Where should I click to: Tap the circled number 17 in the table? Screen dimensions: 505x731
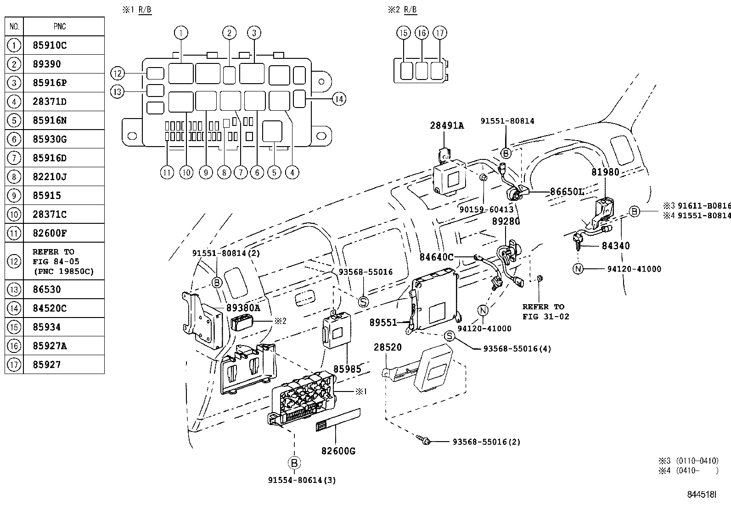click(x=14, y=365)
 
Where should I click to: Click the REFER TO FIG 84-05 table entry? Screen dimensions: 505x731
click(x=63, y=261)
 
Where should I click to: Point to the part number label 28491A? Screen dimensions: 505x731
click(x=447, y=125)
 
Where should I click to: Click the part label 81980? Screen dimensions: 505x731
click(x=605, y=172)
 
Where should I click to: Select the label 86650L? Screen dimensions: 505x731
click(x=567, y=192)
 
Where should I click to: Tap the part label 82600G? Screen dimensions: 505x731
click(x=338, y=451)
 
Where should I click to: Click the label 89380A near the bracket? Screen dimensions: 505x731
click(x=243, y=308)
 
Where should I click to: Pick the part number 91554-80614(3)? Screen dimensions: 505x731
click(x=302, y=480)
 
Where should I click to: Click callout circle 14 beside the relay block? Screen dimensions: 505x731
click(x=339, y=99)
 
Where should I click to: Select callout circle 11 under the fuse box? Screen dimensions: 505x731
click(x=167, y=172)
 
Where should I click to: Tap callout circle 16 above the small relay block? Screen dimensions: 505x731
click(x=422, y=33)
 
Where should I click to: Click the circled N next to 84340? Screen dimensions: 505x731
click(x=578, y=269)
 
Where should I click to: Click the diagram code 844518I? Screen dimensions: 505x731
click(x=702, y=494)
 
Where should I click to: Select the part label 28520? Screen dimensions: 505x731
click(x=388, y=347)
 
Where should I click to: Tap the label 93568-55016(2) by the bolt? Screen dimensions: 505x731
click(x=486, y=442)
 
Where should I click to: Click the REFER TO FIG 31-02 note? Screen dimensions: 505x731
click(x=545, y=312)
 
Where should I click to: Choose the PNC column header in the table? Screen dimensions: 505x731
click(x=60, y=27)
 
